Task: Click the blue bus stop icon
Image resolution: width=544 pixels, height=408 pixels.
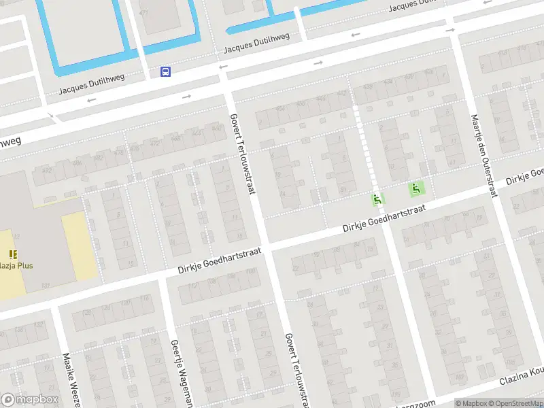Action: (x=165, y=71)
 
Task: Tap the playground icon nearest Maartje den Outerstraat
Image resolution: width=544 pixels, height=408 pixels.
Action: (x=414, y=189)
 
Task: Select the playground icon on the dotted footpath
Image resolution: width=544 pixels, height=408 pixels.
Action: (x=377, y=199)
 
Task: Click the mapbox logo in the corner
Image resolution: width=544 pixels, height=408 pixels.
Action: (x=29, y=400)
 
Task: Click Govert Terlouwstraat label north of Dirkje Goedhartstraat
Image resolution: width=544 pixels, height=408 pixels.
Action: (x=242, y=153)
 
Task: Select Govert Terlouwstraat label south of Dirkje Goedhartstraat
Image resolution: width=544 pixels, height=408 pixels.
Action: (x=297, y=368)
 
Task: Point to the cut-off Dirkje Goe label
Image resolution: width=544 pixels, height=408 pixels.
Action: (x=525, y=175)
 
